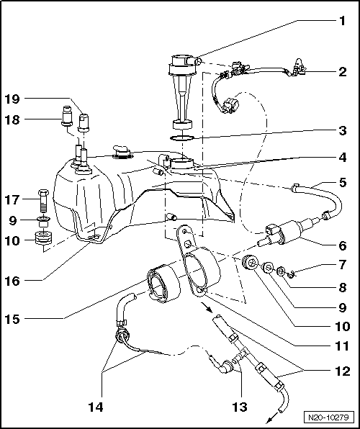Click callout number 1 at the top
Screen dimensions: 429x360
pos(343,20)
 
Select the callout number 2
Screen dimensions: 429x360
pos(343,72)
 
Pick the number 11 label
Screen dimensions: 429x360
pos(343,345)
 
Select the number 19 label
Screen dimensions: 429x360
pos(14,98)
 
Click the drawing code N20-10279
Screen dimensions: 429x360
pos(328,417)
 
